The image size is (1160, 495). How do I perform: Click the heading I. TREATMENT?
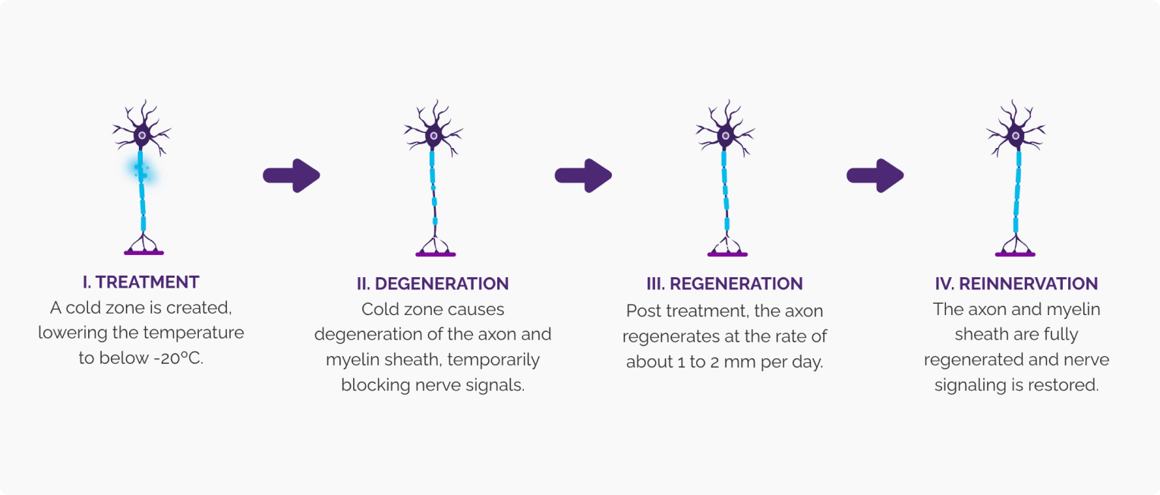[x=141, y=282]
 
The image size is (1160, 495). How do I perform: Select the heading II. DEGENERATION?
[x=433, y=284]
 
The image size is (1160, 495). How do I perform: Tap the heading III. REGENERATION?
[x=724, y=284]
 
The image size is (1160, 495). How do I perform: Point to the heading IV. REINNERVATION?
[x=1016, y=284]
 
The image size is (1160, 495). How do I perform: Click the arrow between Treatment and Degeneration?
[x=292, y=176]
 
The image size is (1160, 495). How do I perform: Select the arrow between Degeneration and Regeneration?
[x=583, y=176]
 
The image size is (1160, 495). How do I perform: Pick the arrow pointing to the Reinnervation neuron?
[x=875, y=176]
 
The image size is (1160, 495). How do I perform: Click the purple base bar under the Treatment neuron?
[x=143, y=253]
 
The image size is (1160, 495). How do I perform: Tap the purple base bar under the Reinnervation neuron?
[x=1015, y=254]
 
